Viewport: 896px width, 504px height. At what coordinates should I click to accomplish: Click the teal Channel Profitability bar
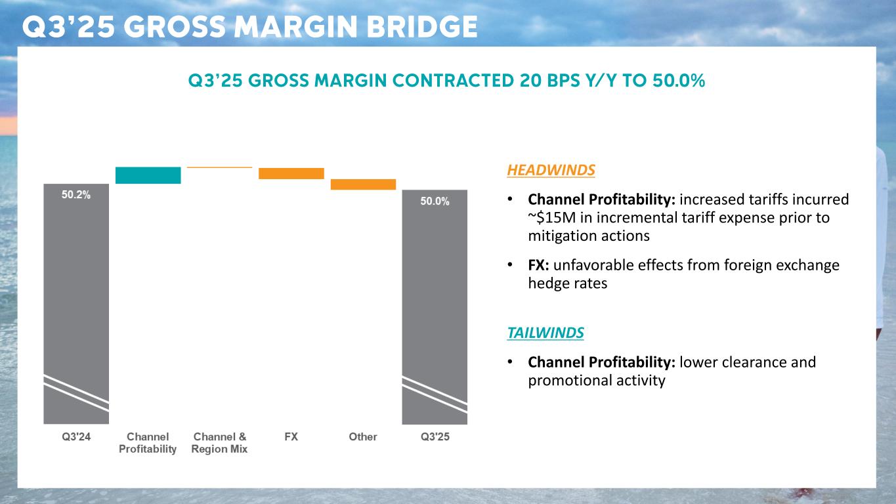pos(148,175)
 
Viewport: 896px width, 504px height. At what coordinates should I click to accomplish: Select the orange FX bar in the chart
pos(291,173)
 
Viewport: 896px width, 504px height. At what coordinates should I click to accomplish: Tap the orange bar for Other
pos(363,184)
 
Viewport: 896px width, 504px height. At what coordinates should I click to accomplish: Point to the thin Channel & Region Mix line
pos(219,167)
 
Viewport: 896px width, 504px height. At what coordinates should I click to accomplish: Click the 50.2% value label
pos(76,194)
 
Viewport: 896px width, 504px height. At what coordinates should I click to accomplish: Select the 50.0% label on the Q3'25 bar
pos(435,201)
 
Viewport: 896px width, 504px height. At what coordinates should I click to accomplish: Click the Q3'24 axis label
pos(76,436)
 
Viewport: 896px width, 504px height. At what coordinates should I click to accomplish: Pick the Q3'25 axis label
pos(435,436)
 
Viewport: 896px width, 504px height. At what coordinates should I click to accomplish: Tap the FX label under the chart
pos(291,436)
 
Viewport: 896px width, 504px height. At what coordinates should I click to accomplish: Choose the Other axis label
pos(363,436)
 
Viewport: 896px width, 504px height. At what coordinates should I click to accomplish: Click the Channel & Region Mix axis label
pos(219,443)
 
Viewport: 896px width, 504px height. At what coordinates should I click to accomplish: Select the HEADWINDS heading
pos(551,170)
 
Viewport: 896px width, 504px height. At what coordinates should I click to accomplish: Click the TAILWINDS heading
pos(545,333)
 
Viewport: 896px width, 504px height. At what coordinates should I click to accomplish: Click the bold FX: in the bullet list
pos(540,265)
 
